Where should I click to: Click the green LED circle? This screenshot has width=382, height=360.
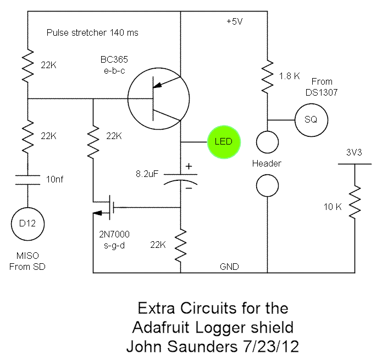[224, 142]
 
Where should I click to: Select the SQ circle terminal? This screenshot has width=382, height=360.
[311, 119]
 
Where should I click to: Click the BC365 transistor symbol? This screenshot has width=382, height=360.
[158, 99]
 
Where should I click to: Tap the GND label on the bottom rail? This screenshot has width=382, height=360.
[230, 266]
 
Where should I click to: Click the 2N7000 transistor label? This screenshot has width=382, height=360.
[111, 234]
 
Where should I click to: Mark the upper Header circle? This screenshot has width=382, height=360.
[268, 142]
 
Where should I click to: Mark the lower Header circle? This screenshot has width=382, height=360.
[268, 185]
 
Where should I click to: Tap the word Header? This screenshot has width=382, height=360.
[267, 164]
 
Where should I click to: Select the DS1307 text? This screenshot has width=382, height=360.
[322, 92]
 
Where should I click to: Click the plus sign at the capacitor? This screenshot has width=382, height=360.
[189, 165]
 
